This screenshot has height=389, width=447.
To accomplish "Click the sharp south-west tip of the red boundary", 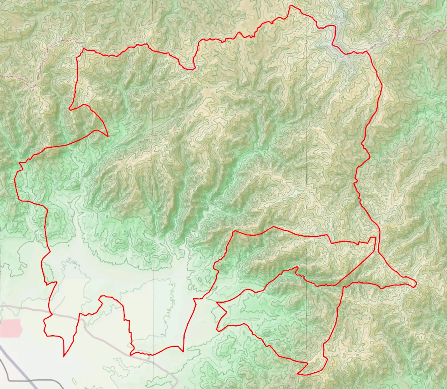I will pyautogui.click(x=64, y=356).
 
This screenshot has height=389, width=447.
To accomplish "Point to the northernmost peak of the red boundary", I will pyautogui.click(x=291, y=6).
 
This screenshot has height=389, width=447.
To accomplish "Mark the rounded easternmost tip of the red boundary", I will pyautogui.click(x=416, y=283).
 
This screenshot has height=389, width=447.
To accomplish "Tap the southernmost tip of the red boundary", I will pyautogui.click(x=299, y=374).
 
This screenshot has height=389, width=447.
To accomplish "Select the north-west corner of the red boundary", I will pyautogui.click(x=83, y=49).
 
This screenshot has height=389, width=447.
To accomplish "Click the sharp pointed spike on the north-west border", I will pyautogui.click(x=108, y=137).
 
